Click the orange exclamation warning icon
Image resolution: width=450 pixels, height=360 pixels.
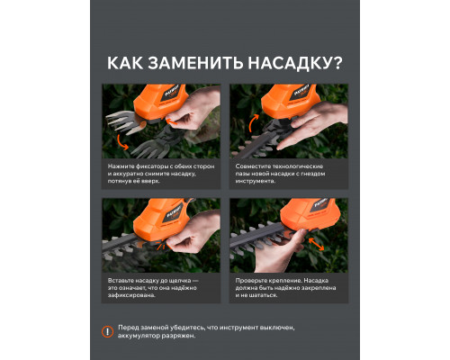point(107,332)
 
